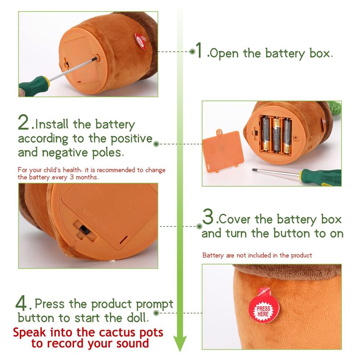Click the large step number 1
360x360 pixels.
[198, 50]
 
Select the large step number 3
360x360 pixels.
[208, 216]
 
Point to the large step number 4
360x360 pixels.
[21, 303]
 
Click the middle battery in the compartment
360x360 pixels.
[277, 135]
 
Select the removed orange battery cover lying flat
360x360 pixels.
[223, 151]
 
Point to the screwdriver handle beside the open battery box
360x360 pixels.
[321, 177]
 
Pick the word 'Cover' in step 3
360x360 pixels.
[234, 219]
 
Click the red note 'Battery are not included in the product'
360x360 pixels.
[257, 255]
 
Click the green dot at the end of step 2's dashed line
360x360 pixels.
[156, 144]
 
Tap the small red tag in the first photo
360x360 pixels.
[140, 41]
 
